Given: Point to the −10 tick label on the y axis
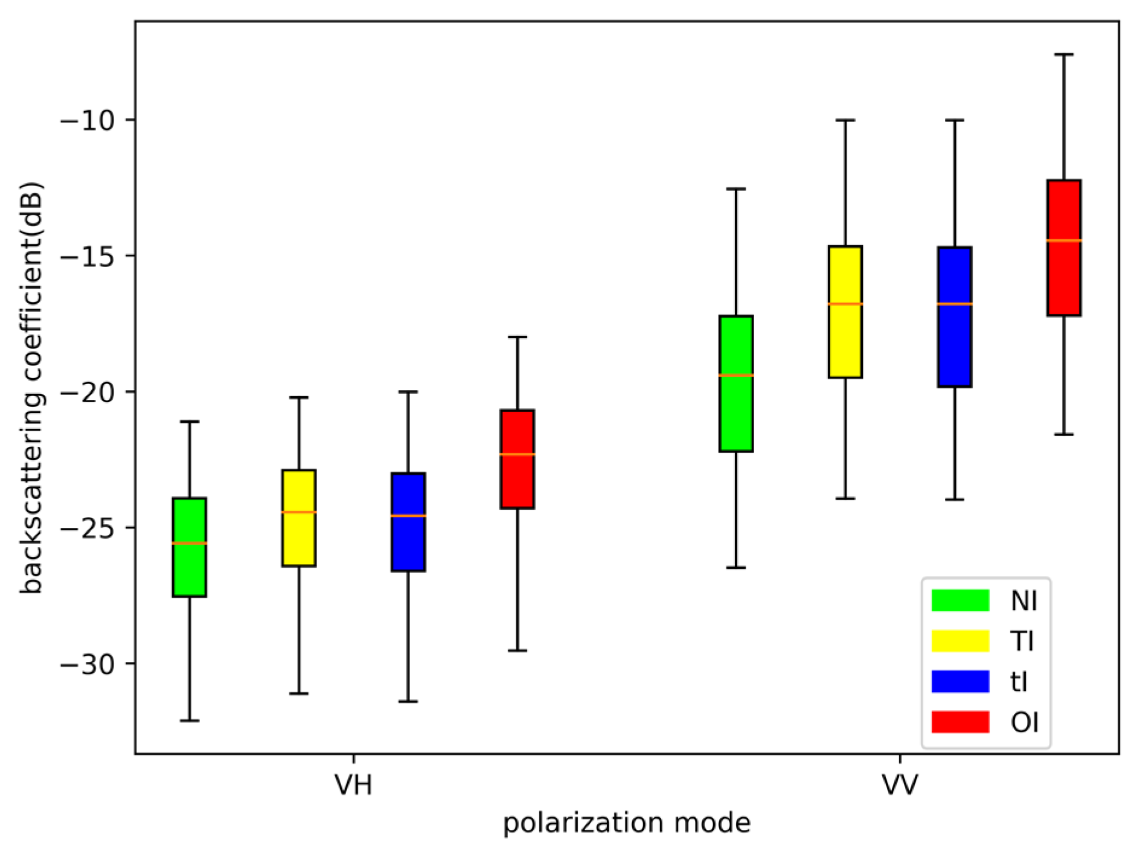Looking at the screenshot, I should (x=88, y=120).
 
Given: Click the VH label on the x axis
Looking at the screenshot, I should (x=353, y=785).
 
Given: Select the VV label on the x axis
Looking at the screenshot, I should (x=900, y=785).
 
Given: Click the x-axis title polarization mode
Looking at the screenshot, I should (x=627, y=823).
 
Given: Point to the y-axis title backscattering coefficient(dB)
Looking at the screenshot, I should (x=31, y=387).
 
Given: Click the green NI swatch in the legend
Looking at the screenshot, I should (x=960, y=600).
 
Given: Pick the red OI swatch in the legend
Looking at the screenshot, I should (x=960, y=722).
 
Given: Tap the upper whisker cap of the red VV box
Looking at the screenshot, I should (x=1063, y=54).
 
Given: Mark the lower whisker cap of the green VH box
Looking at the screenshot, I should (x=189, y=721).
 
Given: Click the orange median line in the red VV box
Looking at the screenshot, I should (x=1063, y=240).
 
